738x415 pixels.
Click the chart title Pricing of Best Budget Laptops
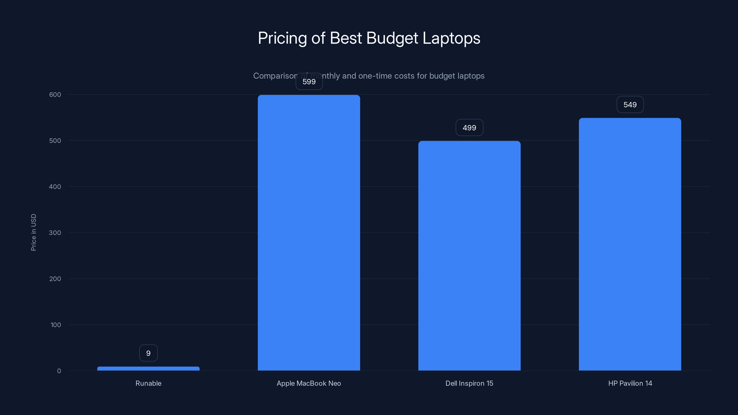[x=369, y=38]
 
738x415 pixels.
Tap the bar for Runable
[x=148, y=368]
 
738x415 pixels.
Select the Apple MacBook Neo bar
[x=309, y=233]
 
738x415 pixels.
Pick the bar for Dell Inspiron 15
[x=469, y=255]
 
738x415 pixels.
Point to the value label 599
[x=309, y=82]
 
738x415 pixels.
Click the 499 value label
[x=469, y=128]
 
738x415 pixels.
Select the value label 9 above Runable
[x=148, y=353]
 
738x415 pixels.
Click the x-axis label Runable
[x=148, y=383]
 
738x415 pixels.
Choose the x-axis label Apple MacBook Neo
[x=309, y=383]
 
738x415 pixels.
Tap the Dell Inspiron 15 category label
[x=469, y=383]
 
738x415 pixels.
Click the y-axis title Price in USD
[x=33, y=232]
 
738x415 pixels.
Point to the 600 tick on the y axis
[x=55, y=95]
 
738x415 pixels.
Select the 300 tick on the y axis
[x=55, y=233]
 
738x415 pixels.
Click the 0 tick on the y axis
[x=59, y=371]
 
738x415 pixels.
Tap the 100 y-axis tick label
[x=56, y=325]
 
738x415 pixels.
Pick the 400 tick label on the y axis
[x=55, y=187]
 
